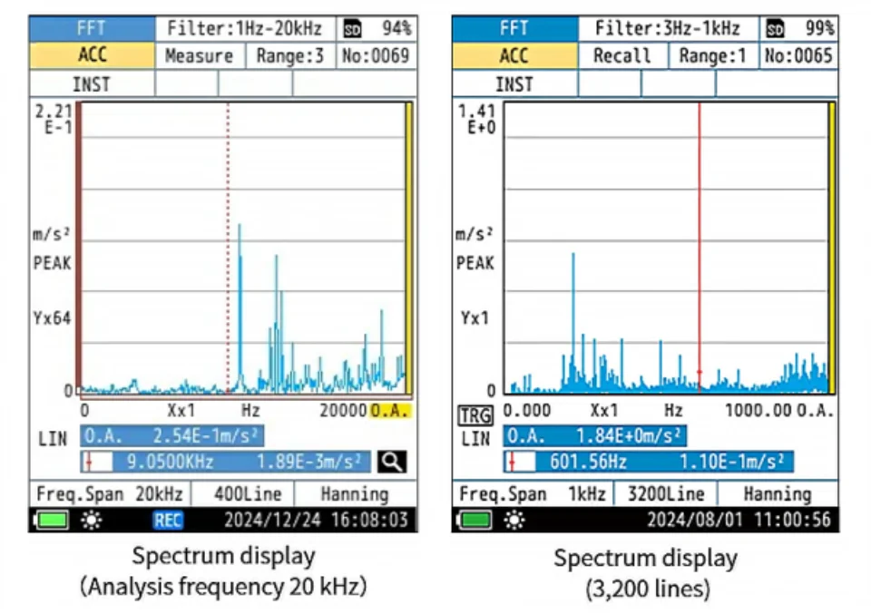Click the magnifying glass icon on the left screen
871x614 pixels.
(392, 462)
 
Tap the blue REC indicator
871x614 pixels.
(168, 521)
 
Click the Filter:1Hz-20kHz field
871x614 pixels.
(244, 28)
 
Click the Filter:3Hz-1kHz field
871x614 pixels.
(667, 28)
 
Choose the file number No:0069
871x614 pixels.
(376, 56)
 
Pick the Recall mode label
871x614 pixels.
(622, 56)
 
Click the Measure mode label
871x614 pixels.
(199, 56)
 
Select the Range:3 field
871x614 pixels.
(289, 56)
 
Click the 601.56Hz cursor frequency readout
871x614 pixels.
(588, 462)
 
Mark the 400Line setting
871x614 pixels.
(248, 494)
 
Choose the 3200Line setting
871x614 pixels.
(666, 494)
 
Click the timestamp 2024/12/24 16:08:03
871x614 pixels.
(316, 521)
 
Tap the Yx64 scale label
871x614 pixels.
(53, 318)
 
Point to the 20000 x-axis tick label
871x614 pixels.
(344, 411)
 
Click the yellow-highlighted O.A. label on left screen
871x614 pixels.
(390, 411)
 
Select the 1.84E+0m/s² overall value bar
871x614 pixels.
(595, 436)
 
